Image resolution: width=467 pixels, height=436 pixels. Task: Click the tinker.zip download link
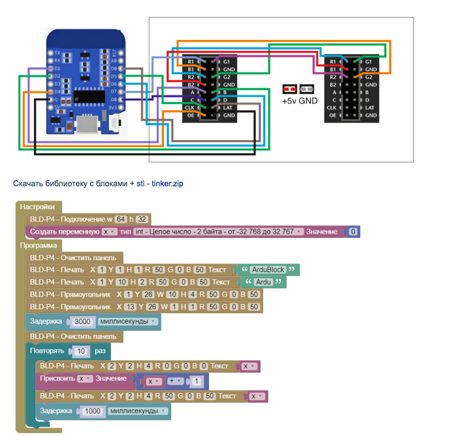[x=166, y=183]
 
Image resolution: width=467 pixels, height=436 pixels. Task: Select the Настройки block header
[x=38, y=207]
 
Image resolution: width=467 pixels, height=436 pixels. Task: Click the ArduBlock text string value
[x=268, y=270]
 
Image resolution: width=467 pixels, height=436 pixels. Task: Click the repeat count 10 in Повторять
[x=81, y=351]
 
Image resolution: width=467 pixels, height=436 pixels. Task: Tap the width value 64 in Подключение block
[x=121, y=219]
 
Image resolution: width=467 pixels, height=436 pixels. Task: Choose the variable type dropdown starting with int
[x=217, y=231]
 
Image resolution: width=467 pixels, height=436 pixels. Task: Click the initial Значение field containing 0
[x=354, y=231]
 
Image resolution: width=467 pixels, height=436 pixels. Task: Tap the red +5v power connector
[x=290, y=89]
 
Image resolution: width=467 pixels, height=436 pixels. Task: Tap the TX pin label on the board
[x=57, y=52]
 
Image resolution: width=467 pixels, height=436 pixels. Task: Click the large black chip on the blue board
[x=87, y=95]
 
